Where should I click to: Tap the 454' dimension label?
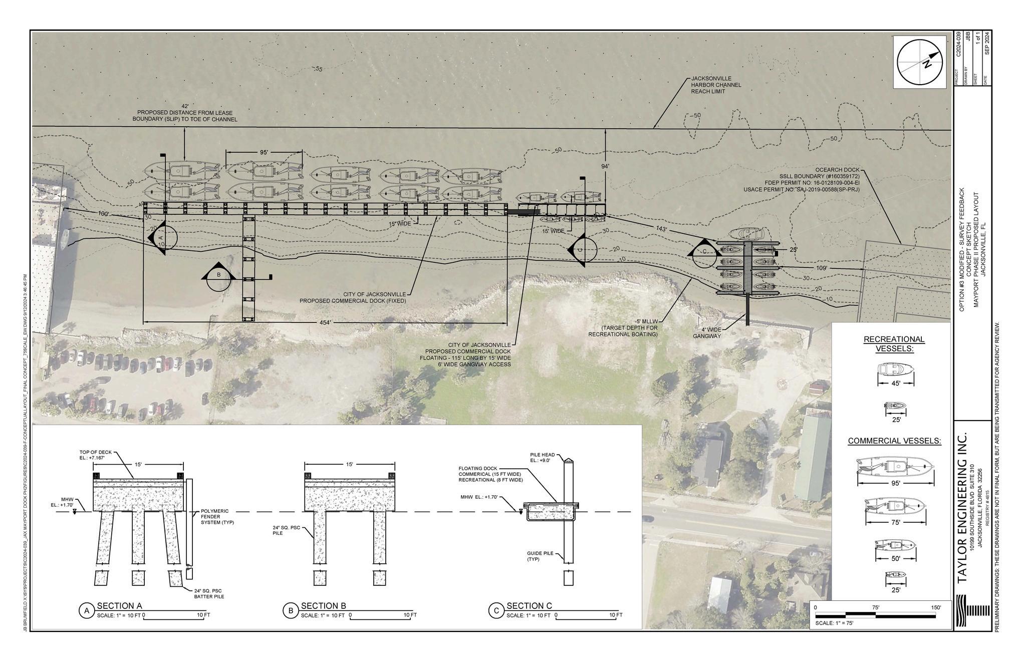325,323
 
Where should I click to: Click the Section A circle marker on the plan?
162,237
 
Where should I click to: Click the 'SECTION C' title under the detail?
529,606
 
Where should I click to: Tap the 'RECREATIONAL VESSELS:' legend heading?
894,344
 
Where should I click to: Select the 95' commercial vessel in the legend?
895,467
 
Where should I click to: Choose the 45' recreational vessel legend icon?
896,371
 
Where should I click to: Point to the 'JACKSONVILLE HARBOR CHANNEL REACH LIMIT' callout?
716,85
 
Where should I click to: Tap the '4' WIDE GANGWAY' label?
707,333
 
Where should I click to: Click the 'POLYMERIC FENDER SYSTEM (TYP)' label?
215,517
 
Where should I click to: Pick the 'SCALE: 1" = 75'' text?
834,623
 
